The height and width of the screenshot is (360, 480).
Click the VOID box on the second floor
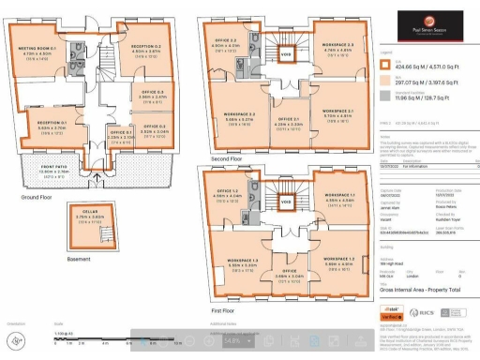(x=286, y=54)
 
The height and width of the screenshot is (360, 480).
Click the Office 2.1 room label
(x=285, y=120)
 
